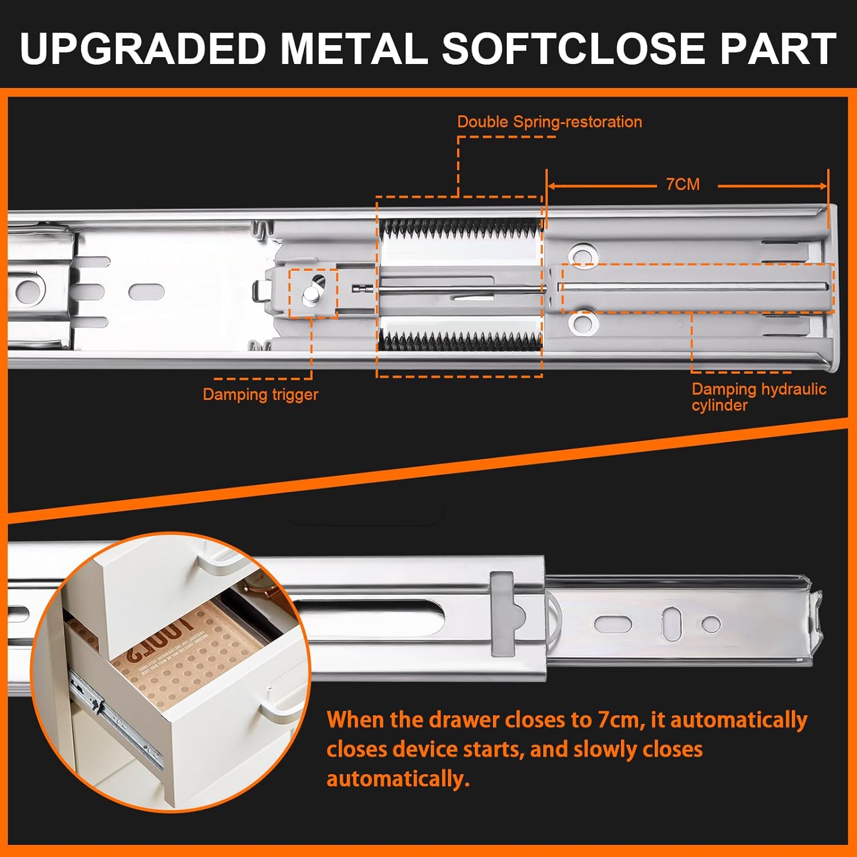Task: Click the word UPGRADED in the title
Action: (x=143, y=49)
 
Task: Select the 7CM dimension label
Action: (x=683, y=185)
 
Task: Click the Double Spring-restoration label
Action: (x=549, y=122)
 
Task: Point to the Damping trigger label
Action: (x=260, y=394)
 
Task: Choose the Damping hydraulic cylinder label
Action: (x=758, y=397)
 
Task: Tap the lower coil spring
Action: (x=460, y=342)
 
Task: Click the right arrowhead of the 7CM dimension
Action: (x=823, y=186)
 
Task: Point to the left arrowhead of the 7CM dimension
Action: (x=552, y=186)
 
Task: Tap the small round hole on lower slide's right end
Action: (x=711, y=624)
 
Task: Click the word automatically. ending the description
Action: (x=398, y=779)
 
